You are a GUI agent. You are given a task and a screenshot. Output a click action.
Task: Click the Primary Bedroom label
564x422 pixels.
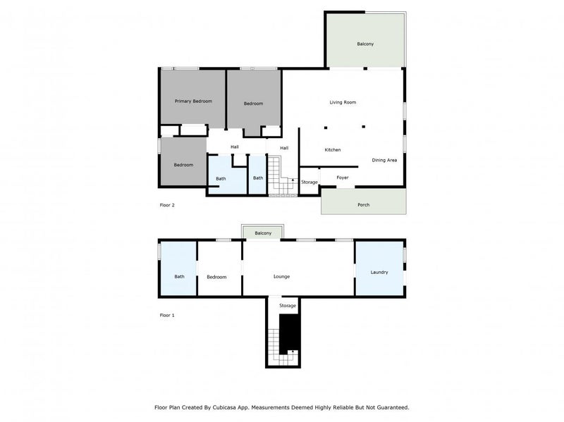point(193,101)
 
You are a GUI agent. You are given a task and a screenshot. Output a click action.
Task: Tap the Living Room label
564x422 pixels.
point(343,102)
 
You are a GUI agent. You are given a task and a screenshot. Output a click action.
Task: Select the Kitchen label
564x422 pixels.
point(333,150)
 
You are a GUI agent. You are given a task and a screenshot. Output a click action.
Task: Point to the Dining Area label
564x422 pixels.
point(384,161)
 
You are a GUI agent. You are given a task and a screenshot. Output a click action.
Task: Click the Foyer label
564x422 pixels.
point(343,178)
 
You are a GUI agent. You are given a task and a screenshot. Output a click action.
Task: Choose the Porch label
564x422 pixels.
point(363,205)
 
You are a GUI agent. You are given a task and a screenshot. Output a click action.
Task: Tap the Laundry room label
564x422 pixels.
point(379,272)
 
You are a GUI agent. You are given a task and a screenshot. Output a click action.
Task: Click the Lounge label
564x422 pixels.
point(281,277)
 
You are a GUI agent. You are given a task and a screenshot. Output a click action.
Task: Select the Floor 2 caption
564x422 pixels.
point(167,205)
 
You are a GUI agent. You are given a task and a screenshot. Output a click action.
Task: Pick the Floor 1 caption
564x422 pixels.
point(167,315)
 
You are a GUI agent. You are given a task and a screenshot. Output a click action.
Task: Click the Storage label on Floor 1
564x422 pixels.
point(287,306)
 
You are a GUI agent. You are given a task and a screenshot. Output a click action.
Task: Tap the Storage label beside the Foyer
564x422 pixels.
point(309,182)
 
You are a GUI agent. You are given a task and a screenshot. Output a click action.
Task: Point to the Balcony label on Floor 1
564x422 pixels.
point(263,233)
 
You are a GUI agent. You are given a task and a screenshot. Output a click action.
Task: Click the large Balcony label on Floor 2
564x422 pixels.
point(364,44)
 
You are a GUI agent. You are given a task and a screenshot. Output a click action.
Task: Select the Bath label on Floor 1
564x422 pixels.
point(180,277)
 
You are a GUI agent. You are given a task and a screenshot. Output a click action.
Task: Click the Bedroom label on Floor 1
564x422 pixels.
point(216,277)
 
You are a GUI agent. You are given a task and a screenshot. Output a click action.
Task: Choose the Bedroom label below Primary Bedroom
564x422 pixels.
point(183,165)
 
